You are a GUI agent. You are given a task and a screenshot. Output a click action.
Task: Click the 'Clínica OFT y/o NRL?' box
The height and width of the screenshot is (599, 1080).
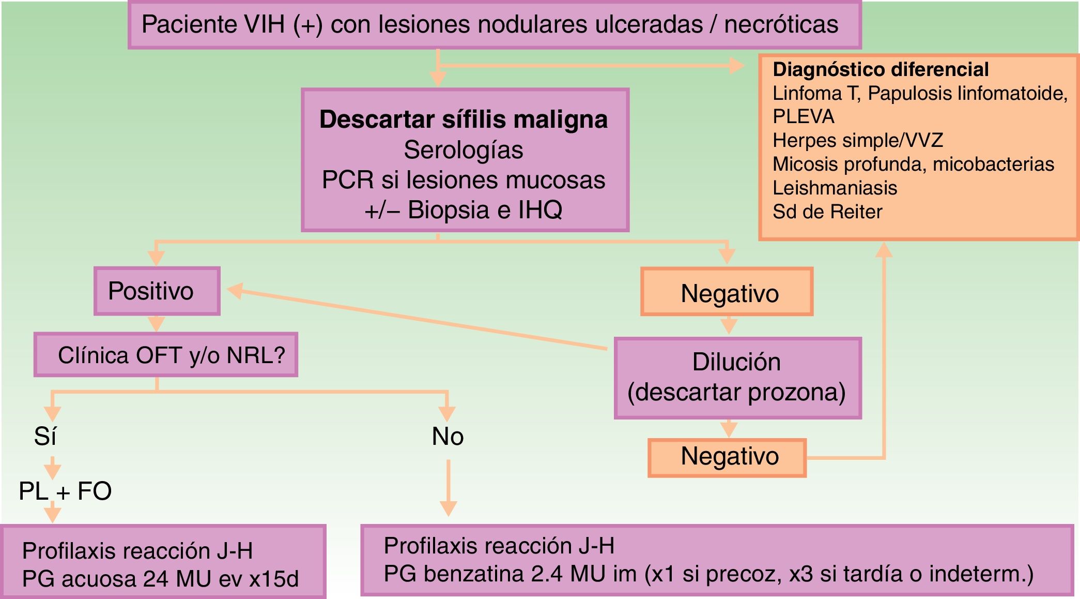[x=166, y=355]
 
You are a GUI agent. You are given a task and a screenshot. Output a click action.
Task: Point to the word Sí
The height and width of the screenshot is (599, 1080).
[x=45, y=437]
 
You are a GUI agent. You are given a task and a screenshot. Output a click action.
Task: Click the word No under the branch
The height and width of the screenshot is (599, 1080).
[x=448, y=437]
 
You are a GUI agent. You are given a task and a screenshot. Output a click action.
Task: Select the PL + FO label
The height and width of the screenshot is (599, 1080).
[x=65, y=491]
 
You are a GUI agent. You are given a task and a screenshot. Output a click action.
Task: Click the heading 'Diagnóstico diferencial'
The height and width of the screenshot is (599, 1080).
[x=880, y=69]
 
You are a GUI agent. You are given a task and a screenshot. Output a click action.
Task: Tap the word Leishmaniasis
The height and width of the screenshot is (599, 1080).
[x=835, y=188]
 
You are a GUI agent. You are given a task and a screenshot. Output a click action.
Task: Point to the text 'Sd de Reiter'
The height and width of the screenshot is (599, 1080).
[x=827, y=212]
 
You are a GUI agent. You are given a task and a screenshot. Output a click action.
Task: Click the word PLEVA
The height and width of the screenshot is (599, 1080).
[x=803, y=117]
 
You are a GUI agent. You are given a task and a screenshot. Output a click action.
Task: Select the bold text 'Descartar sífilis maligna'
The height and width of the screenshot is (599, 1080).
[x=464, y=119]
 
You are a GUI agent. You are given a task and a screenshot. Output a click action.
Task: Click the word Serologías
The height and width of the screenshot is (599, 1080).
[x=464, y=150]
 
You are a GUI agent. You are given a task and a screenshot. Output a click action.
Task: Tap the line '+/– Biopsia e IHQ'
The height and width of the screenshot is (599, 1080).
[x=464, y=210]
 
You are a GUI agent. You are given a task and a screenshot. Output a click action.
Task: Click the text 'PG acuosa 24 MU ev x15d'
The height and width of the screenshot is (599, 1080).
[x=160, y=579]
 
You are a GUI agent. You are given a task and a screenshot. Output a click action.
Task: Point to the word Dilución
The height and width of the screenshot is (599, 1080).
[x=736, y=362]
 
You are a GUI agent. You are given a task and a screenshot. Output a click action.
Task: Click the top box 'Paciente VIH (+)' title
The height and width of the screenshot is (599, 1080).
[x=489, y=24]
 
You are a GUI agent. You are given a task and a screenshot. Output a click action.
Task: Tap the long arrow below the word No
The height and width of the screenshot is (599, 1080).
[x=448, y=486]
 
